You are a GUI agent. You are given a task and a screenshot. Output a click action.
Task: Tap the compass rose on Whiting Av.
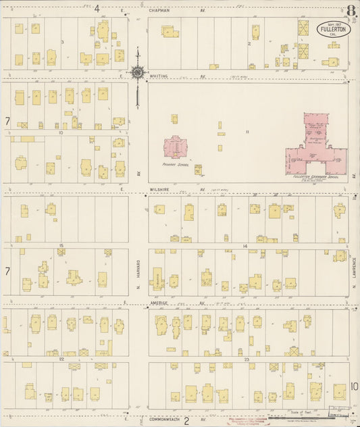[x=137, y=72]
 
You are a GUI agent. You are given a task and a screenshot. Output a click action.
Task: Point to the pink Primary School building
[x=175, y=148]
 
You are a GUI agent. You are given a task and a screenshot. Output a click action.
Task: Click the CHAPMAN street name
[x=164, y=11]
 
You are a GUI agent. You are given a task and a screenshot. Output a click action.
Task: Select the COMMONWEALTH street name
[x=155, y=420]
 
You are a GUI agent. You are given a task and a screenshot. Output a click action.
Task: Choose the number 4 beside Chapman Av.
[x=97, y=9]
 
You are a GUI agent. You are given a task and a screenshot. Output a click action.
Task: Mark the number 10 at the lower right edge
[x=355, y=386]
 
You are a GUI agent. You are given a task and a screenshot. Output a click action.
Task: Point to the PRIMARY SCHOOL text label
[x=174, y=165]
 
